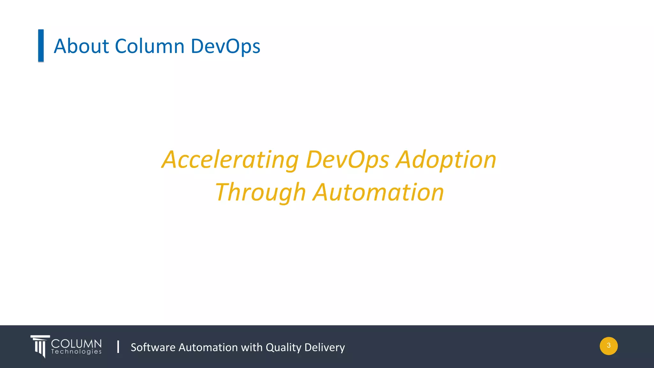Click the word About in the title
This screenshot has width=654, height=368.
(x=81, y=46)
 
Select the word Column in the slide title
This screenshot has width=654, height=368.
(x=150, y=46)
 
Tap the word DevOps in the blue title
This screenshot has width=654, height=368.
(x=225, y=47)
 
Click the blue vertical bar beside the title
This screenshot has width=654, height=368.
(x=41, y=45)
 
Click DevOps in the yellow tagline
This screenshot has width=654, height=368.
(x=347, y=160)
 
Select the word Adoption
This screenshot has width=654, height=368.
(x=446, y=160)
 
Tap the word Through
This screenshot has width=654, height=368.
(x=260, y=193)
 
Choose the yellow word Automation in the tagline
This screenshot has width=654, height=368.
(x=378, y=192)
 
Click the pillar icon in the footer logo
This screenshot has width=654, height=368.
(x=40, y=346)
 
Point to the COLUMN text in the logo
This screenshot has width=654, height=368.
(x=76, y=344)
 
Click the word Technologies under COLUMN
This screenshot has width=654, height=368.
(x=76, y=352)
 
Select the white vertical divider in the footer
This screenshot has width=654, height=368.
(x=118, y=347)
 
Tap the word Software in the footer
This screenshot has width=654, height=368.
(x=153, y=347)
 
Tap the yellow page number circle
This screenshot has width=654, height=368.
(x=609, y=346)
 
